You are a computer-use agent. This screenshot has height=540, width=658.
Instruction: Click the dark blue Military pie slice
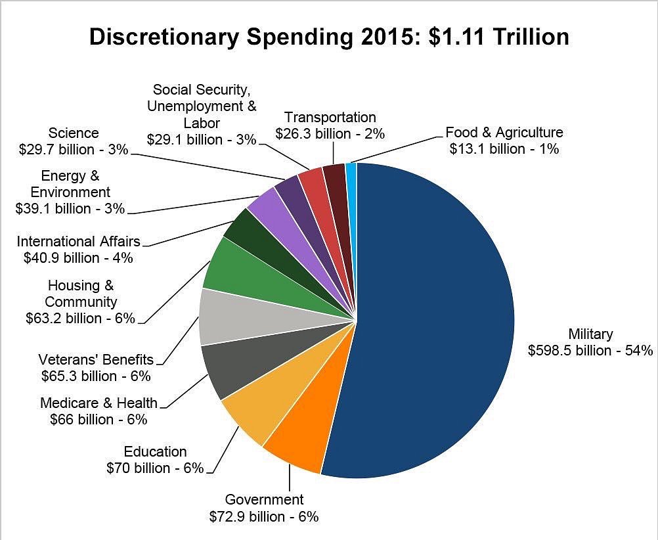433,315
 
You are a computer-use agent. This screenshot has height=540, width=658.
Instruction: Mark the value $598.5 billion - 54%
590,350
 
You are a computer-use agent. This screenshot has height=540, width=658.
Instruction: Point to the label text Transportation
330,117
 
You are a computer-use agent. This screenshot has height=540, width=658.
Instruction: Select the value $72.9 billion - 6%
264,516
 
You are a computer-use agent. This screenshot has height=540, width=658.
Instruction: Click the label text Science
74,133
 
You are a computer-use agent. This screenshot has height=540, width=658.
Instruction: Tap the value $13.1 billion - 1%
504,148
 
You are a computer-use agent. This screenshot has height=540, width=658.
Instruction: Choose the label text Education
155,451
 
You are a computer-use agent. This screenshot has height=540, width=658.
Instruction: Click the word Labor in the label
202,123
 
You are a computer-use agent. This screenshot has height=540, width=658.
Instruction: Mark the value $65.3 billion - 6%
96,376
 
